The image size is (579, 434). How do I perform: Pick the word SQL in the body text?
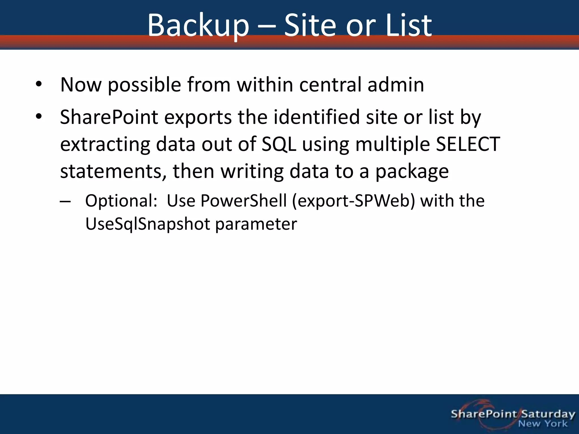tap(279, 144)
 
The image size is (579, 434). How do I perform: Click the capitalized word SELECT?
tap(468, 144)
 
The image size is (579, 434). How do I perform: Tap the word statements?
tap(113, 171)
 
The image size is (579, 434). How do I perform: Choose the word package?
tap(412, 171)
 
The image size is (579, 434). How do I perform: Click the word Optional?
tap(121, 201)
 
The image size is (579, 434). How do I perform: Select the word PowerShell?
tap(243, 201)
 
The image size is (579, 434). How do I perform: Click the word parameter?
tap(256, 224)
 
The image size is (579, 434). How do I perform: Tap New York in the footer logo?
tap(543, 424)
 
